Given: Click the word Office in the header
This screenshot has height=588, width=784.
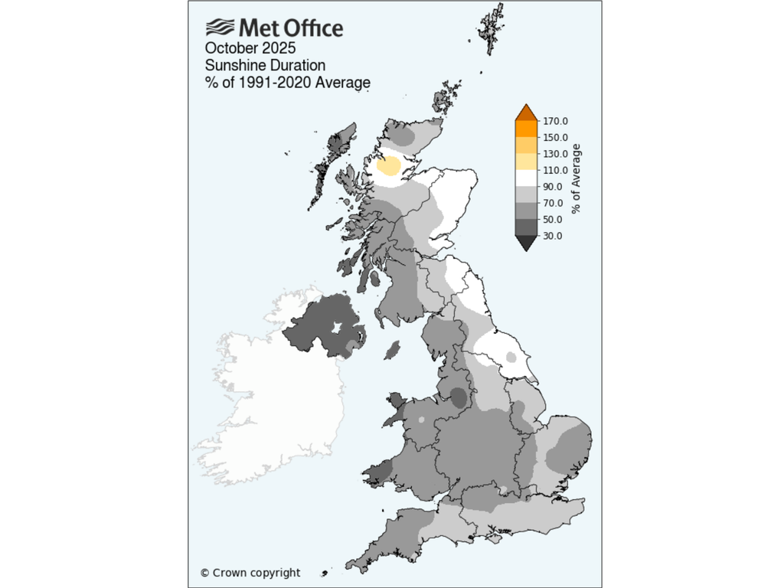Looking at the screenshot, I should (x=311, y=28).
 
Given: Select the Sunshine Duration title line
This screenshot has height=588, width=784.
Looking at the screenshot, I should (x=265, y=65).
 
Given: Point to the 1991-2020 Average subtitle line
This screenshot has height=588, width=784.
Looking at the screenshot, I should (x=288, y=82).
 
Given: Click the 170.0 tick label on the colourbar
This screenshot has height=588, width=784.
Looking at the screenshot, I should (x=554, y=121).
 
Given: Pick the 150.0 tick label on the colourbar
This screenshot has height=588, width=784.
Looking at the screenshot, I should (x=554, y=138).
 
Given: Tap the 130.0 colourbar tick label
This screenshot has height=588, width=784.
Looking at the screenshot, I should (x=554, y=154).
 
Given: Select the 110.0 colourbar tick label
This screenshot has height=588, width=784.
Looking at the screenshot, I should (x=554, y=171).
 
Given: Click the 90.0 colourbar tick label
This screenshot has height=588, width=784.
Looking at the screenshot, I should (x=552, y=187).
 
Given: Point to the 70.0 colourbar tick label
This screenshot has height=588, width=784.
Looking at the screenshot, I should (x=552, y=204).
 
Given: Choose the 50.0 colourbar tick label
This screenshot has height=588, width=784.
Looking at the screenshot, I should (x=552, y=220).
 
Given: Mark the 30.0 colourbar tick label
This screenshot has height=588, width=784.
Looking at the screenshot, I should (x=552, y=237).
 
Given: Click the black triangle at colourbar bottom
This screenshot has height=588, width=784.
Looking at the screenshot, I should (x=526, y=243).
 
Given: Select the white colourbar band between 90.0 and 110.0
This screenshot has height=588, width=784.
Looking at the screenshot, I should (x=526, y=178).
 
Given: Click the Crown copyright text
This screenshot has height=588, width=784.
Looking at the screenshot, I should (x=250, y=573).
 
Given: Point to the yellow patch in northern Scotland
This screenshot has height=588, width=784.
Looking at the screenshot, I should (x=390, y=166).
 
